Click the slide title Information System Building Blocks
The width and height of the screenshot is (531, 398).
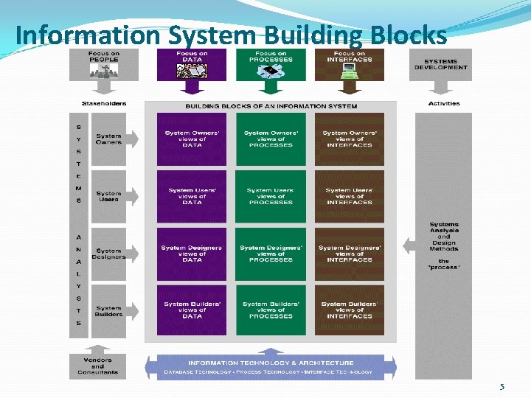coord(230,35)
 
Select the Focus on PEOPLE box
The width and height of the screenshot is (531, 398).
coord(104,64)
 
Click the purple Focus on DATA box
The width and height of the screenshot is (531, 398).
coord(192,64)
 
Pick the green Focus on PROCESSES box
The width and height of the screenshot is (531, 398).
coord(271,64)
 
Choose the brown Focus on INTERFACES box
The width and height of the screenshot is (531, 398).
coord(349,64)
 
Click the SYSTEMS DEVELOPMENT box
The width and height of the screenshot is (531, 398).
coord(441,64)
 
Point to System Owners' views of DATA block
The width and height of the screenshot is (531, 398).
coord(192,139)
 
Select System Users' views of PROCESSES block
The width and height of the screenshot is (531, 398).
coord(271,196)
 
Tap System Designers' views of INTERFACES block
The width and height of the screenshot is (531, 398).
coord(349,254)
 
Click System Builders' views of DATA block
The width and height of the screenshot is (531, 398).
coord(192,310)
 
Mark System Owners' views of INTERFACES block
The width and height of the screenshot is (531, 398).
coord(349,139)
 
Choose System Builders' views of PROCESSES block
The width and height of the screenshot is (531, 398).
coord(271,310)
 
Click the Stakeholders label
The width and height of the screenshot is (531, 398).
coord(104,104)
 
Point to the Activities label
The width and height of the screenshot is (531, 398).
coord(444,104)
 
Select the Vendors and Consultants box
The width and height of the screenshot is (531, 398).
coord(98,366)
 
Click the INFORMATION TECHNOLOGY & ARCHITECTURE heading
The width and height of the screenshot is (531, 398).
coord(271,363)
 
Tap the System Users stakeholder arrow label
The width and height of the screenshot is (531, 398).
coord(108,196)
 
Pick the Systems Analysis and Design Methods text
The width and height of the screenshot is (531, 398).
coord(444,237)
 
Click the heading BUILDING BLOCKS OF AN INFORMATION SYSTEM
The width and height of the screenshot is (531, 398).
coord(271,106)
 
